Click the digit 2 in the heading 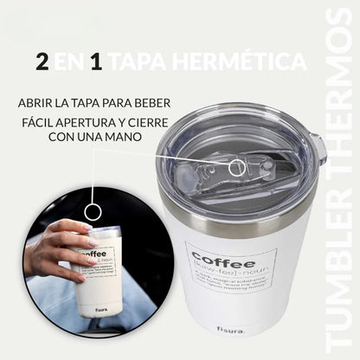pos(42,61)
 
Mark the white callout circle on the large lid pos(235,162)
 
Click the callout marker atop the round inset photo pos(93,211)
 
